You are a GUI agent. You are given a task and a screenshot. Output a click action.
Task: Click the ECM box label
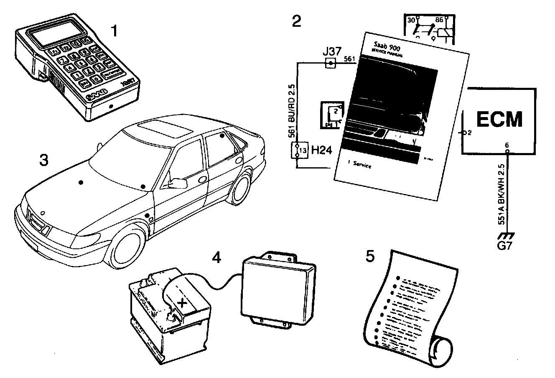499,119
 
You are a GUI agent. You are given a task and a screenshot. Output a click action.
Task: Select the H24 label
322,150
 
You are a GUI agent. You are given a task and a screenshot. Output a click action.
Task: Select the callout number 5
370,257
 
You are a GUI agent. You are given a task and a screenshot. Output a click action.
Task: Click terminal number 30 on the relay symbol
411,20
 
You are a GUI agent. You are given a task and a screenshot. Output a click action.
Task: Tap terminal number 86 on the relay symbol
440,19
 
